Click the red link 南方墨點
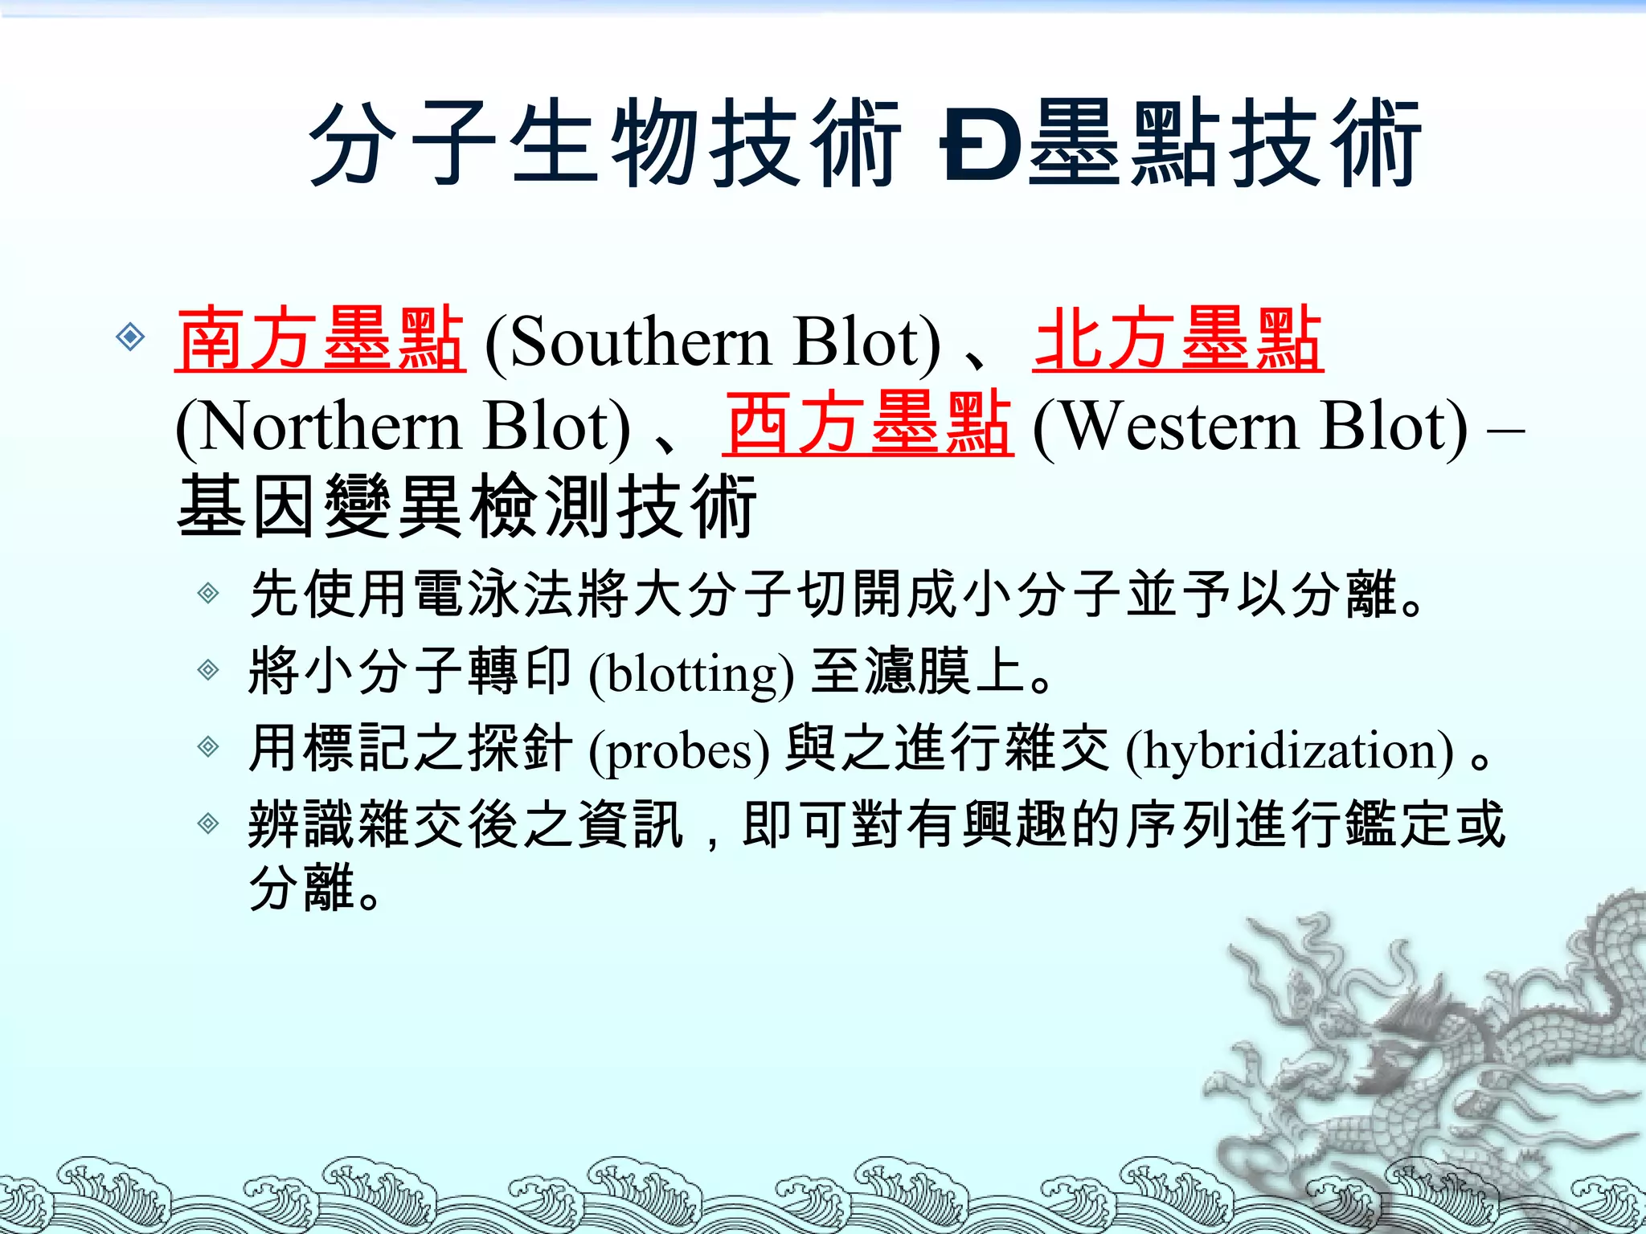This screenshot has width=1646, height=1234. click(320, 340)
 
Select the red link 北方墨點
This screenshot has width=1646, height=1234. click(1177, 340)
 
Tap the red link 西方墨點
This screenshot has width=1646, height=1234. click(867, 424)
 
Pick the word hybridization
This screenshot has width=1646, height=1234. click(1289, 750)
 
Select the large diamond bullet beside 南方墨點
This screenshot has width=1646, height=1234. click(130, 337)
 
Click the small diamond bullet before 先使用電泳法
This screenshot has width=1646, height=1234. click(208, 594)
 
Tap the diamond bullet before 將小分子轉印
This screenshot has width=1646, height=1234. click(208, 670)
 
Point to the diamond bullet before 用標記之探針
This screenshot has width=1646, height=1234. click(208, 747)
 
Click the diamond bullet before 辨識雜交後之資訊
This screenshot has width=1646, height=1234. click(208, 823)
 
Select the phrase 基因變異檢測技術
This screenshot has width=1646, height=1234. click(466, 506)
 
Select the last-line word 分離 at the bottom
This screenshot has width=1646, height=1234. click(302, 888)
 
